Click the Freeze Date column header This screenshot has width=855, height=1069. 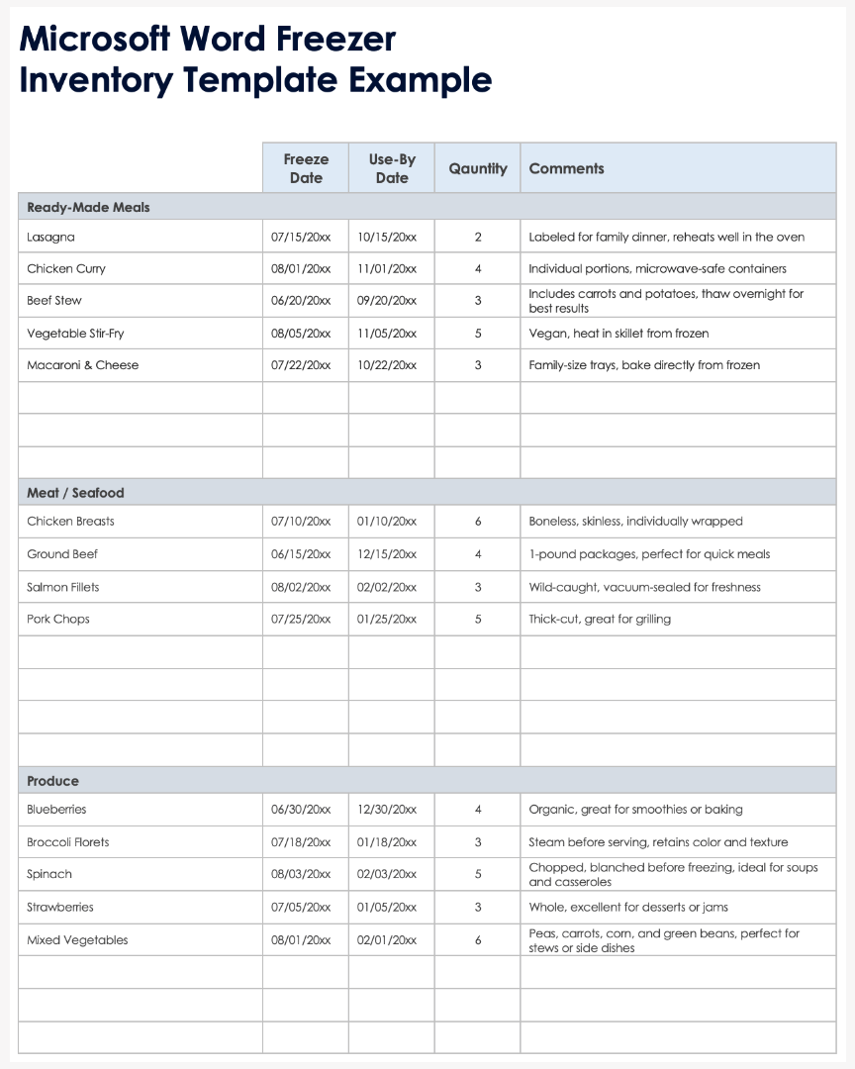tap(306, 168)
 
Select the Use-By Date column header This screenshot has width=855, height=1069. tap(392, 168)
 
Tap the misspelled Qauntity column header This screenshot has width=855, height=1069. tap(478, 168)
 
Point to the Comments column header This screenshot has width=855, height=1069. tap(566, 168)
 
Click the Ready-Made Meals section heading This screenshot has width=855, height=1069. tap(88, 207)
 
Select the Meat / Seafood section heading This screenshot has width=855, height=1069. tap(75, 493)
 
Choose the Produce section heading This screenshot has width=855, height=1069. tap(52, 781)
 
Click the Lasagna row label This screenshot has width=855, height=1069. tap(50, 238)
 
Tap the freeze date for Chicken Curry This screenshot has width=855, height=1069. tap(301, 269)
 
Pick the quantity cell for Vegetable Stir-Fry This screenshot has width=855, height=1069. tap(478, 334)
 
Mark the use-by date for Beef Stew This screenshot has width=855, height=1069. tap(387, 301)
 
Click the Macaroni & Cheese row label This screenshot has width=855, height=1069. tap(83, 365)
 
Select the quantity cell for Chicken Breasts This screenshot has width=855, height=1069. tap(478, 522)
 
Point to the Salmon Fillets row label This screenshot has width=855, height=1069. tap(63, 587)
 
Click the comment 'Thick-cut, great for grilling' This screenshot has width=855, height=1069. tap(600, 620)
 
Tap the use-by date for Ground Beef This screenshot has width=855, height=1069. tap(387, 554)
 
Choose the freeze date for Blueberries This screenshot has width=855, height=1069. tap(301, 810)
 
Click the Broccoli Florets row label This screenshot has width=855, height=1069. tap(68, 842)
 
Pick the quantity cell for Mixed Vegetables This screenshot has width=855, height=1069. tap(478, 940)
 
